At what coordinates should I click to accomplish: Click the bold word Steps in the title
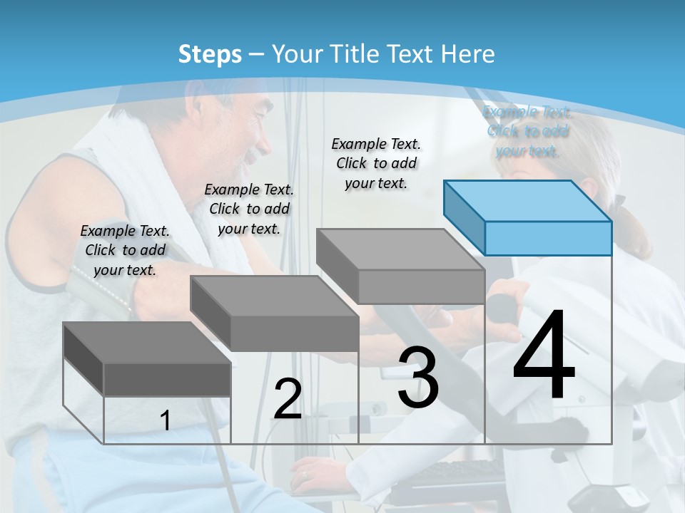tap(210, 54)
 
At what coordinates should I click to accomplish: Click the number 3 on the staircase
tap(418, 377)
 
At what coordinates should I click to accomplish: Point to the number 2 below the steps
tap(288, 399)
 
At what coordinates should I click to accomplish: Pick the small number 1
tap(166, 420)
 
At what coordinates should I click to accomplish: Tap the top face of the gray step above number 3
tap(400, 249)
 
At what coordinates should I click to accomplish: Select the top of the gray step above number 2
tap(274, 296)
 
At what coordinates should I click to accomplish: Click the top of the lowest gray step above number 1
tap(147, 342)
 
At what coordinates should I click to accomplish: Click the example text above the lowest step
tap(125, 250)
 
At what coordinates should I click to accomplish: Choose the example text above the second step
tap(249, 209)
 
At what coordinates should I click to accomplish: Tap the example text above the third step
tap(376, 163)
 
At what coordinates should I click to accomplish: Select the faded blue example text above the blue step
tap(527, 130)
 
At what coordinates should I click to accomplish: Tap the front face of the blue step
tap(548, 238)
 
